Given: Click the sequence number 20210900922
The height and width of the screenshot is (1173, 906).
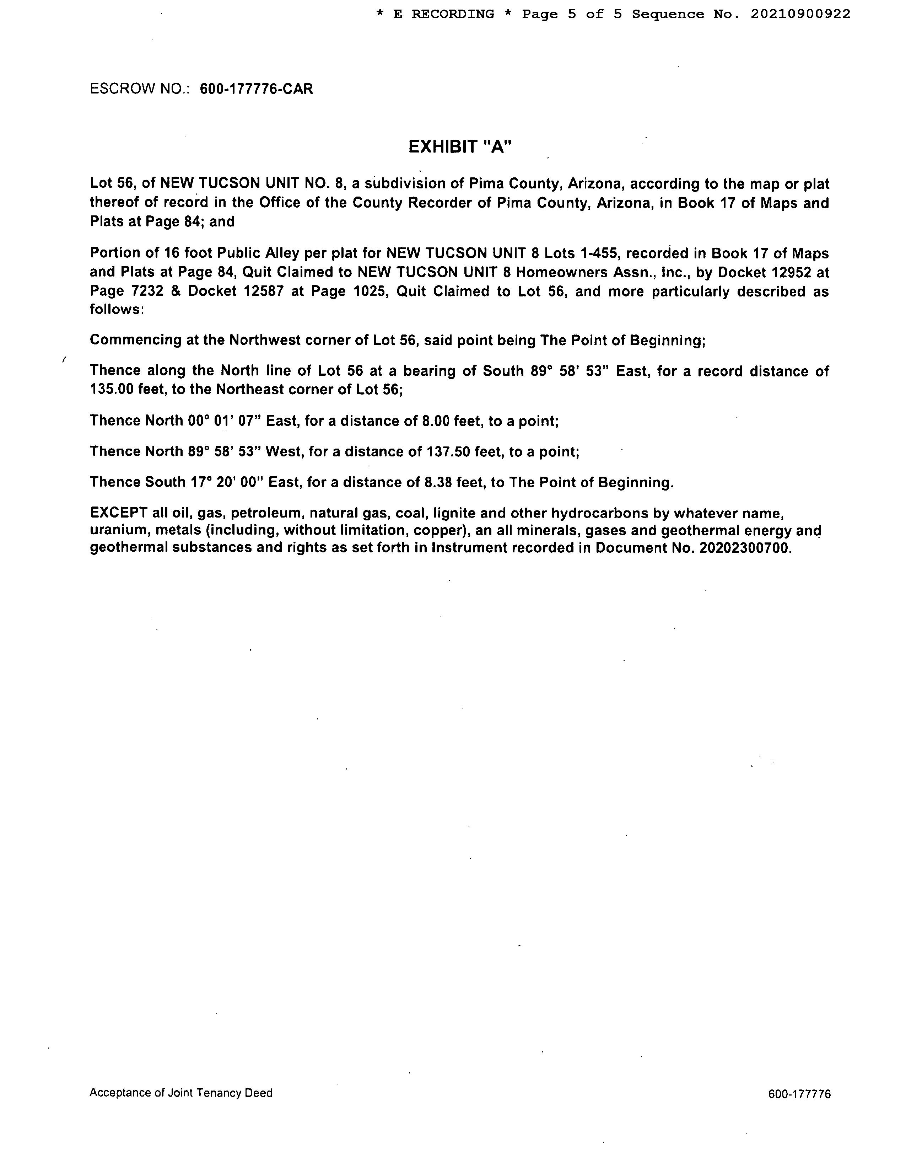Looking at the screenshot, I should (800, 14).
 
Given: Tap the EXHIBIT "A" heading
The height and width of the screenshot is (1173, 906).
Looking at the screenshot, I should (460, 146).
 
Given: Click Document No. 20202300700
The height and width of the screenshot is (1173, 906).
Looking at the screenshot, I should (746, 548).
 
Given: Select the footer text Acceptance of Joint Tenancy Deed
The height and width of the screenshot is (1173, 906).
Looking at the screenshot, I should (181, 1092).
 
